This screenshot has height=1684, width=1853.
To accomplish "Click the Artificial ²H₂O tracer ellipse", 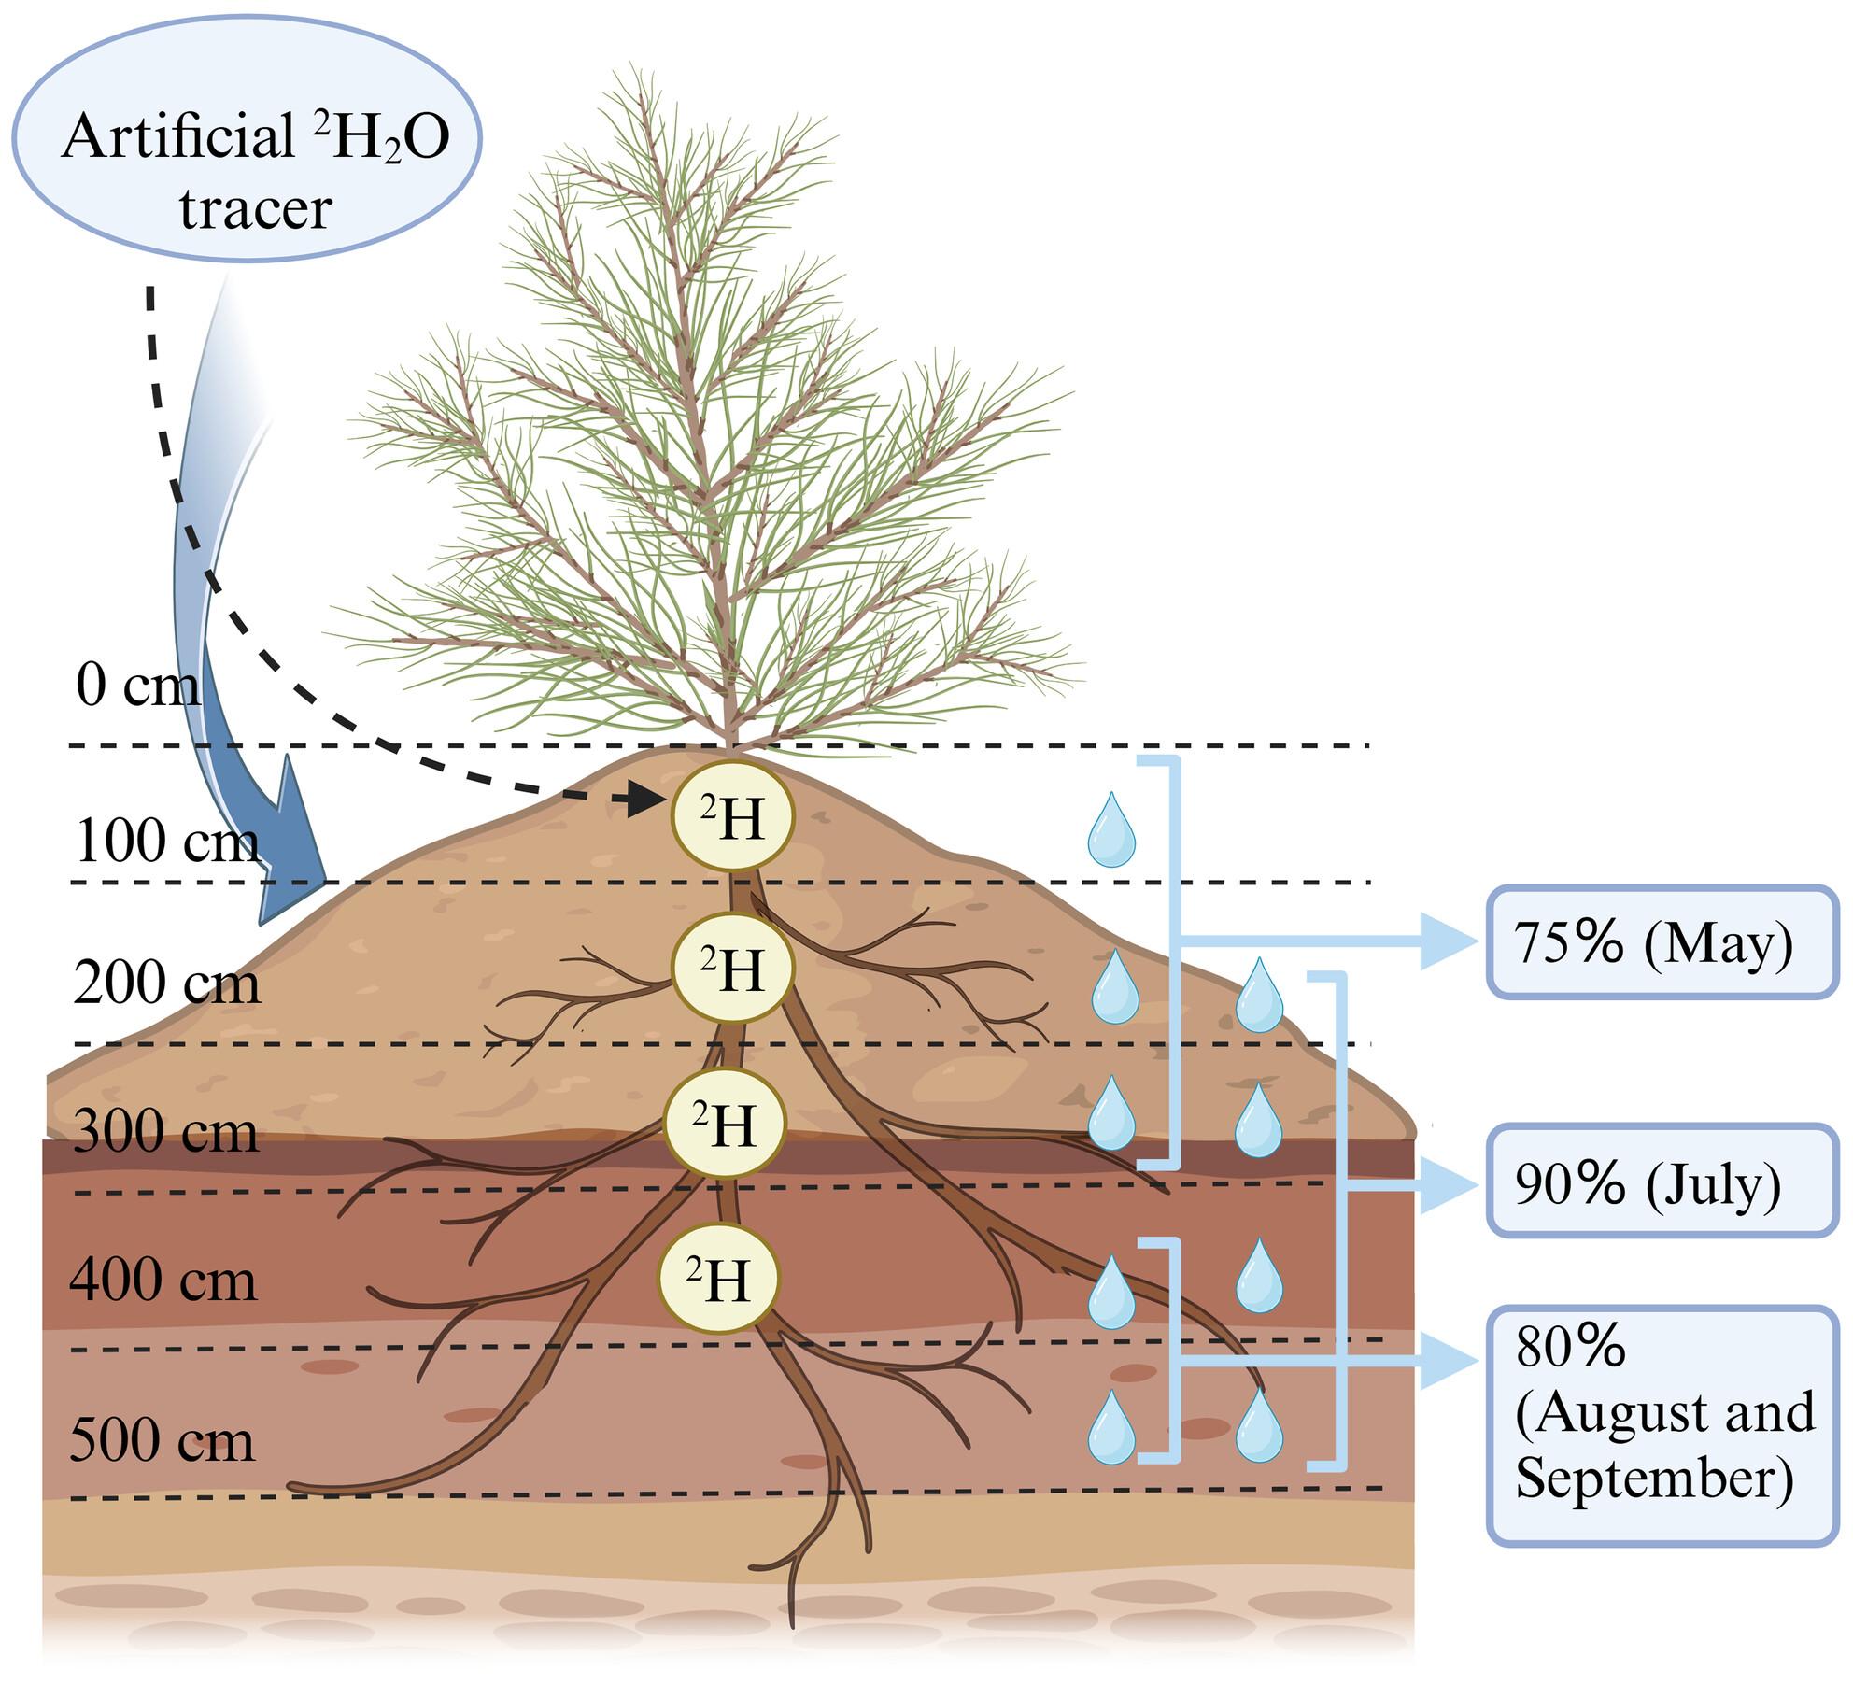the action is pos(247,139).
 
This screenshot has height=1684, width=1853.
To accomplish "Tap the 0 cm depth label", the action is pos(138,686).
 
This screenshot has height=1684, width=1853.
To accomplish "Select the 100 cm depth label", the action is pos(166,841).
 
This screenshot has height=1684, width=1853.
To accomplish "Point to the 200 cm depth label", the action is pos(166,983).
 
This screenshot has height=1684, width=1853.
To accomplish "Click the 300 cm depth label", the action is pos(165,1132).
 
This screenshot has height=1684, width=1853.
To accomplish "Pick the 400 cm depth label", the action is pos(163,1280).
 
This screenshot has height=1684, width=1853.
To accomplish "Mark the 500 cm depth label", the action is pos(163,1440).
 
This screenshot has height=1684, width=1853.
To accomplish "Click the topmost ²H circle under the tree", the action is pos(733,817).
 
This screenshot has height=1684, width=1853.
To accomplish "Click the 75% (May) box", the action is pos(1662,942).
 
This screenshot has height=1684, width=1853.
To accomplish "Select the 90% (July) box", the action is pos(1662,1182).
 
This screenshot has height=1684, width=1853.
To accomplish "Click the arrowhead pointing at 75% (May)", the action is pos(1450,941).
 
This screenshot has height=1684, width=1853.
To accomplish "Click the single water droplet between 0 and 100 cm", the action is pos(1111,828).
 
